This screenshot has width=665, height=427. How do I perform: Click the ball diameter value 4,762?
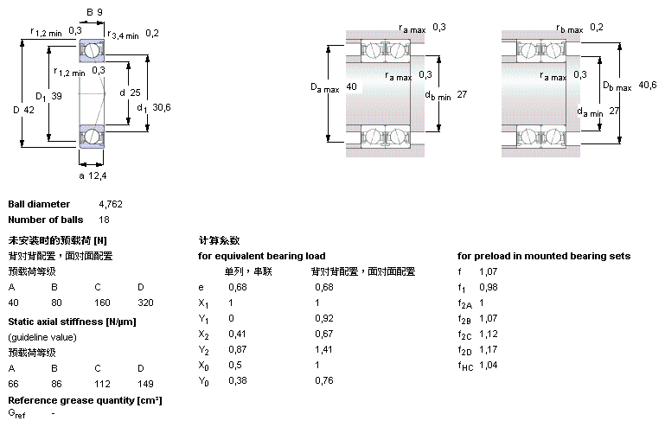pos(111,204)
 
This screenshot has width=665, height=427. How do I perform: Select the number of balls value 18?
pos(105,220)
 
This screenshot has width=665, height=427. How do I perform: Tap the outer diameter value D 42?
pos(31,109)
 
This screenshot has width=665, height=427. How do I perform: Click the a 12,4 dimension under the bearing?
pos(93,176)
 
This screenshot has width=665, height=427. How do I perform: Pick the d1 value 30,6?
pos(161,107)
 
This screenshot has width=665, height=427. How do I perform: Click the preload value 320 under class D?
pos(146,303)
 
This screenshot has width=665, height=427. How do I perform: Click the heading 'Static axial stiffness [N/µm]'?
pos(71,322)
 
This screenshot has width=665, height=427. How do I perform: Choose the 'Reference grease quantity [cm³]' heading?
pos(85,400)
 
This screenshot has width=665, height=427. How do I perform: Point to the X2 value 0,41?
pos(236,334)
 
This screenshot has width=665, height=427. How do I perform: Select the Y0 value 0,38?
pos(236,381)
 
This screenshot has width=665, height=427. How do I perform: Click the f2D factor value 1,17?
pos(488,350)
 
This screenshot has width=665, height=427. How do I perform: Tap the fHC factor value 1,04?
pos(488,366)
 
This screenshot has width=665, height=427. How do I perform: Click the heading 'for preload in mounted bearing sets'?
pos(544,256)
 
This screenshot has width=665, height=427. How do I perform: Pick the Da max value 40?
pos(351,87)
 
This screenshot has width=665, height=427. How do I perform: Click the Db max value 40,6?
pos(647,84)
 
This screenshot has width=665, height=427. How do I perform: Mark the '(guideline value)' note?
pos(41,336)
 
